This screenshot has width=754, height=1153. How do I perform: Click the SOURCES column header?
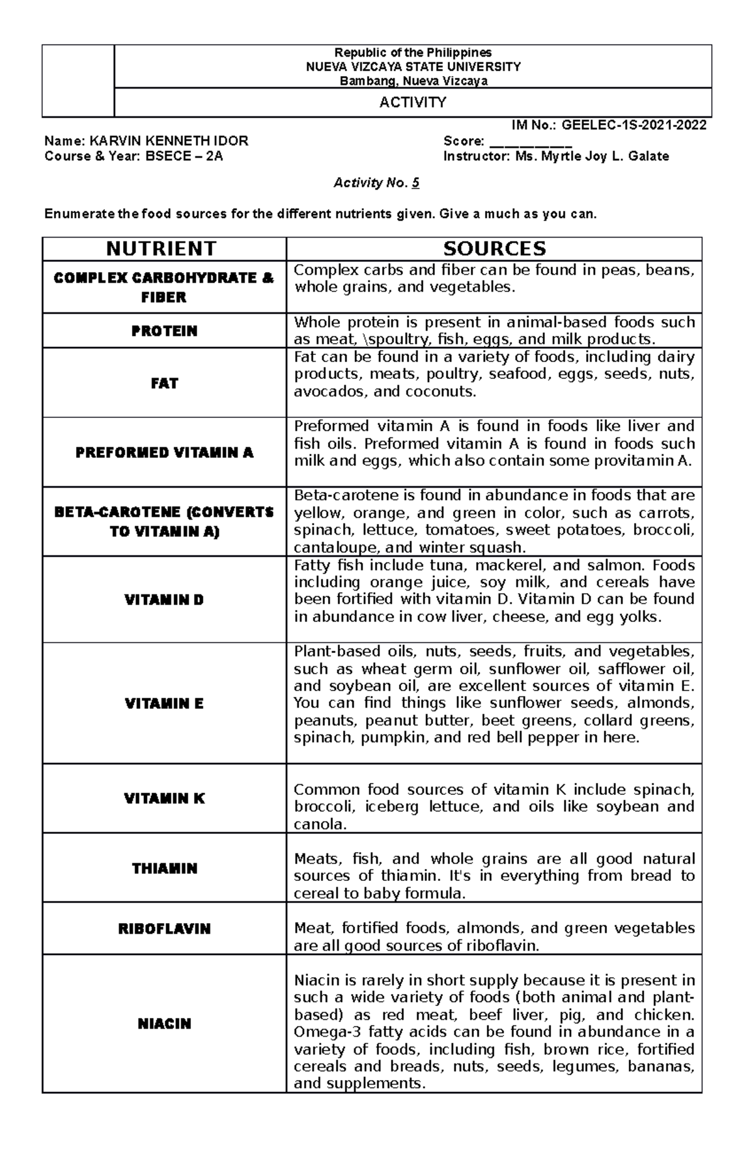(x=494, y=249)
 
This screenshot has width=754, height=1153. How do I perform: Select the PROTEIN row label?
(x=164, y=331)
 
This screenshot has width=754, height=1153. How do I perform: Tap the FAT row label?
(x=164, y=383)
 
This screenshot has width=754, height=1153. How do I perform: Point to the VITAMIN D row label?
(x=164, y=599)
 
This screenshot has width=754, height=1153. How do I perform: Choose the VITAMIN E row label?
(x=164, y=703)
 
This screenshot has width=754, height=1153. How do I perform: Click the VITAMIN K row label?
(x=164, y=799)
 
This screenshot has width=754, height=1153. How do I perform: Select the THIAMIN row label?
(x=164, y=868)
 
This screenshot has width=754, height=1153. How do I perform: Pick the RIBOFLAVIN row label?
(x=164, y=929)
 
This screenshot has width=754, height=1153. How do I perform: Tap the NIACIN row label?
(x=164, y=1024)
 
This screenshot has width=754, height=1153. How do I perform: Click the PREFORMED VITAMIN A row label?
(x=164, y=452)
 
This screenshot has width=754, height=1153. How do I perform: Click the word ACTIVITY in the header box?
(x=413, y=102)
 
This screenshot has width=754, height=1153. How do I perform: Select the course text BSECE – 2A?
(x=184, y=156)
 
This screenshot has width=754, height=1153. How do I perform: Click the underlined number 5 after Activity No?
(x=415, y=183)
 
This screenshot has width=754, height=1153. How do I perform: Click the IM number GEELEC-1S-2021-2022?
(x=634, y=125)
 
